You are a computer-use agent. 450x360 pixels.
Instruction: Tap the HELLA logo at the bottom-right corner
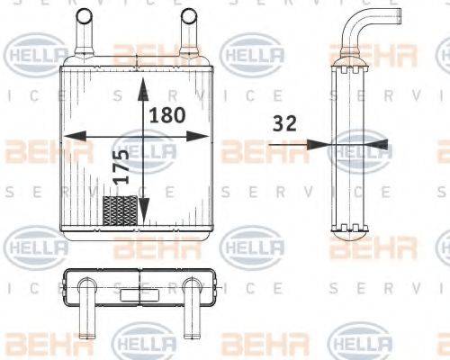coord(359,343)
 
